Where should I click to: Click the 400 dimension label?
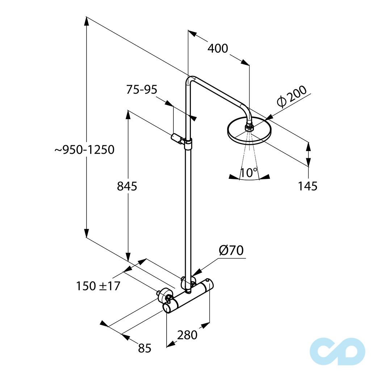click(x=218, y=48)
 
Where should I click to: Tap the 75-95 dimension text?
click(x=142, y=89)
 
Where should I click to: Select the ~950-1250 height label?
click(x=84, y=150)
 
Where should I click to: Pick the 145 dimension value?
click(x=307, y=186)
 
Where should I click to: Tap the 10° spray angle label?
click(x=249, y=173)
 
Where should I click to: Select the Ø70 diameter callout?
click(x=231, y=251)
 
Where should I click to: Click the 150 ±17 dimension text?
click(x=98, y=286)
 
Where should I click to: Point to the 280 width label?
click(x=187, y=335)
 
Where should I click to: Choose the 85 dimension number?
click(x=144, y=348)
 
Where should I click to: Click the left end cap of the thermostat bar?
click(x=167, y=308)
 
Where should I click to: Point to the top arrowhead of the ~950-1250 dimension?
click(x=87, y=21)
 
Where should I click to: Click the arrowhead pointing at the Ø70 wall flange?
click(x=197, y=273)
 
